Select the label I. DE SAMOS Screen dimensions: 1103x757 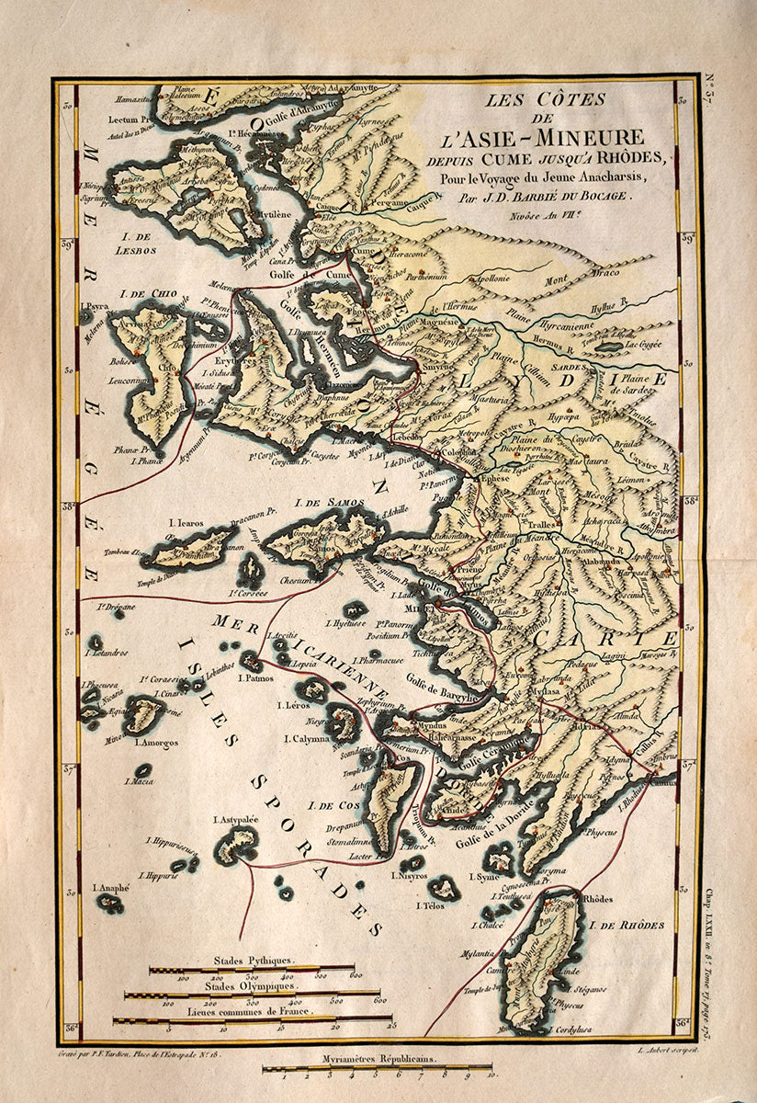pos(329,503)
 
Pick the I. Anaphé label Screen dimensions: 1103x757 pos(111,888)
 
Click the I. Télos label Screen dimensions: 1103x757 pos(430,905)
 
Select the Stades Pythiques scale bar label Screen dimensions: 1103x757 pos(252,960)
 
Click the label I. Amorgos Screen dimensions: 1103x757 pos(156,741)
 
